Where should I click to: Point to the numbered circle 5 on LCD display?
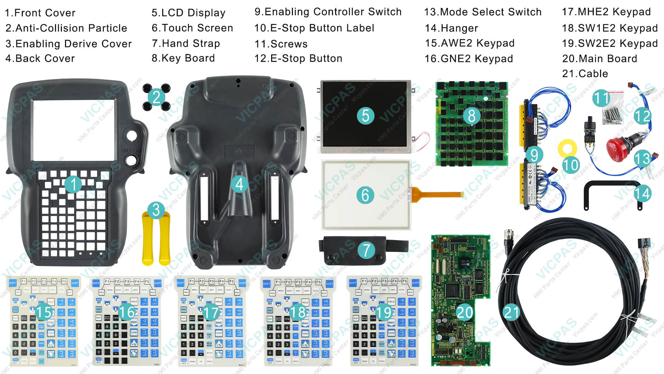(x=366, y=116)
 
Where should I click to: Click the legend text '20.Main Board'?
(x=599, y=59)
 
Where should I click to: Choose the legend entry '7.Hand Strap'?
(x=186, y=43)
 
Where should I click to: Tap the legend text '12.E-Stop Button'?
(x=298, y=59)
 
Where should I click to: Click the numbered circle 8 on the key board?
(x=471, y=116)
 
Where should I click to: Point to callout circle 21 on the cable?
(x=511, y=312)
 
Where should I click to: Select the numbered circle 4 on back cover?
(x=239, y=184)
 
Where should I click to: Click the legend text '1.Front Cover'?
(x=40, y=13)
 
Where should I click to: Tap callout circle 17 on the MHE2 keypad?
(x=211, y=313)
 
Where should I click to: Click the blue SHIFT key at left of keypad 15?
(x=13, y=283)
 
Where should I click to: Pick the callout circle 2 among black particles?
(x=156, y=97)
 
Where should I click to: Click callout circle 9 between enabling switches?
(x=534, y=155)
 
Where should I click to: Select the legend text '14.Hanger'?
(x=451, y=28)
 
